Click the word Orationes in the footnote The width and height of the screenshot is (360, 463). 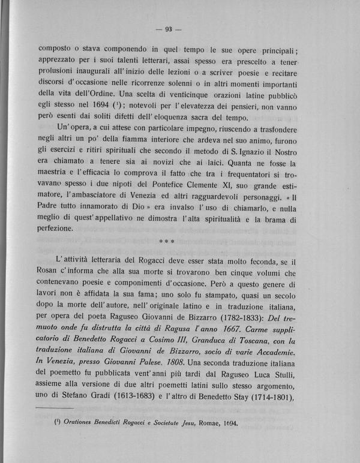click(x=69, y=438)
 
